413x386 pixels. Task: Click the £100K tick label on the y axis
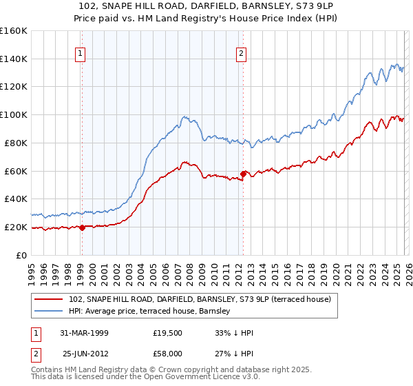tap(14, 114)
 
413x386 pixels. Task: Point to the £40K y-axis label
tap(16, 199)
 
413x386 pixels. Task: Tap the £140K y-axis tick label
tap(14, 59)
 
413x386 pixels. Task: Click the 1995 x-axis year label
tap(32, 269)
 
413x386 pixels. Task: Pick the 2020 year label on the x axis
tap(335, 269)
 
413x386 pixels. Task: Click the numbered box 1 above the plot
tap(81, 53)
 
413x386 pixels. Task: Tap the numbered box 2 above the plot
tap(242, 53)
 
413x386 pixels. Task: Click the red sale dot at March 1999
tap(82, 227)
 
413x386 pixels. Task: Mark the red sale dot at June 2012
tap(243, 174)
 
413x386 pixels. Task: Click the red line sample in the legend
tap(49, 299)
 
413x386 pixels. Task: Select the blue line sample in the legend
tap(49, 311)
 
